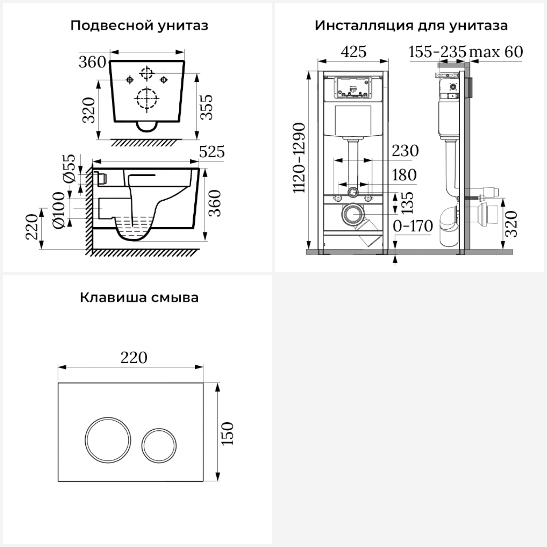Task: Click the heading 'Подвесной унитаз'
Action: [x=139, y=26]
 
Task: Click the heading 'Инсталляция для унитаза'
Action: [x=411, y=26]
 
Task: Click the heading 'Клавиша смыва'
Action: [x=139, y=298]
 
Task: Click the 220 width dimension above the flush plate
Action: [x=134, y=357]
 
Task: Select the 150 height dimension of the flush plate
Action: [x=228, y=433]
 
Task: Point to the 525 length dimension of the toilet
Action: [x=212, y=152]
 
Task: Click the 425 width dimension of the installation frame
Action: [x=353, y=52]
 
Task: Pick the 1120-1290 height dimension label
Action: [x=300, y=158]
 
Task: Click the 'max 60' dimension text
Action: [x=496, y=52]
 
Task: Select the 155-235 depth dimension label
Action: [x=438, y=52]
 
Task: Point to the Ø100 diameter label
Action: [x=59, y=210]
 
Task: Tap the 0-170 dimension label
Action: [x=413, y=226]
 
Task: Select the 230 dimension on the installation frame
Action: [x=405, y=151]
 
